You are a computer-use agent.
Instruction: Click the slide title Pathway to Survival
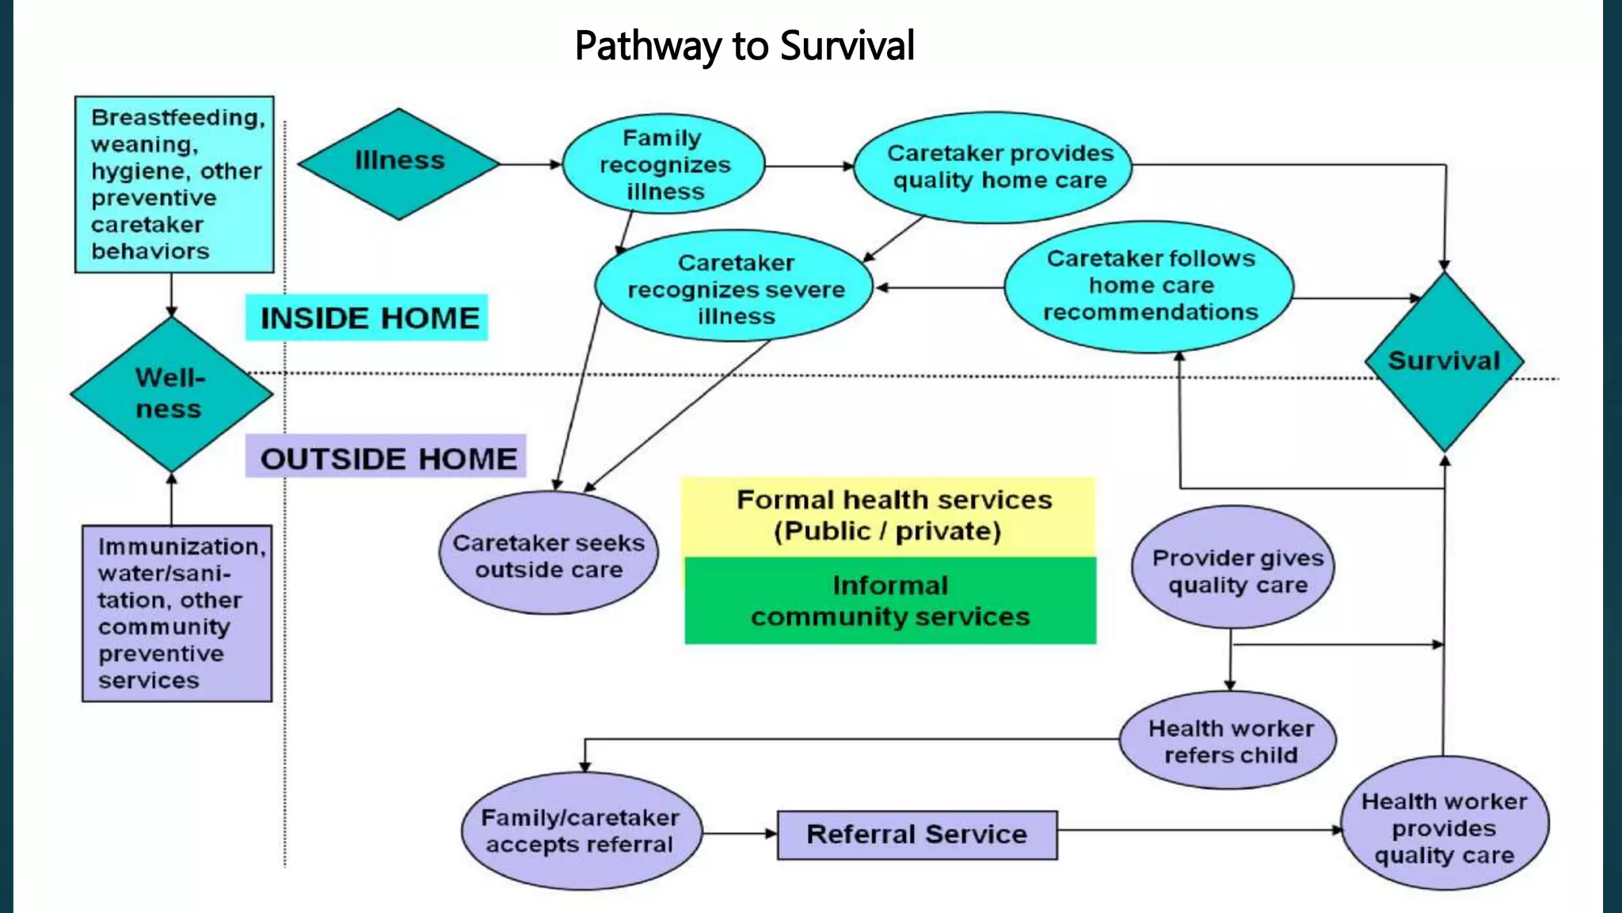(x=744, y=45)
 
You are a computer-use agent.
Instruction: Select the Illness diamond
(x=399, y=162)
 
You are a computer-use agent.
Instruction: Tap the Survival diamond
(x=1444, y=361)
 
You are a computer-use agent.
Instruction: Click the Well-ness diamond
(x=170, y=393)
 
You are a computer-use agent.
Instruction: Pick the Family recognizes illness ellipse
(x=664, y=165)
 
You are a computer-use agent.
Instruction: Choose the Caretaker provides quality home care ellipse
(x=993, y=166)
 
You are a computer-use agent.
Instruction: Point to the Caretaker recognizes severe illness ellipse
(x=734, y=288)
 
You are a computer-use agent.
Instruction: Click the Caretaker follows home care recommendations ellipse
(x=1149, y=285)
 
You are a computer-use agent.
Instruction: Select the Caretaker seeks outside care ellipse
(x=549, y=554)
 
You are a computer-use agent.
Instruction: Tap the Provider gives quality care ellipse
(x=1233, y=569)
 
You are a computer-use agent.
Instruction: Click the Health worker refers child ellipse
(x=1228, y=740)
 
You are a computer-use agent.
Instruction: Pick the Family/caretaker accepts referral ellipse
(x=581, y=831)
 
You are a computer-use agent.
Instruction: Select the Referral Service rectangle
(x=916, y=835)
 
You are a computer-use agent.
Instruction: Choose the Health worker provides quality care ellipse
(x=1444, y=827)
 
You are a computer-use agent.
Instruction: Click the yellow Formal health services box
(x=888, y=516)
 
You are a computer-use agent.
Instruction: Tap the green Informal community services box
(x=889, y=601)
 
